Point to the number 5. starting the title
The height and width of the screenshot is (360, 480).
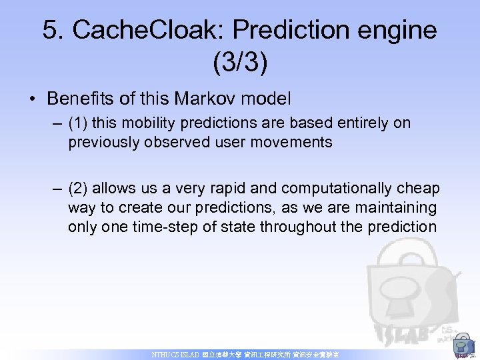[54, 30]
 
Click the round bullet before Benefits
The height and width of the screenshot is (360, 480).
[32, 100]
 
